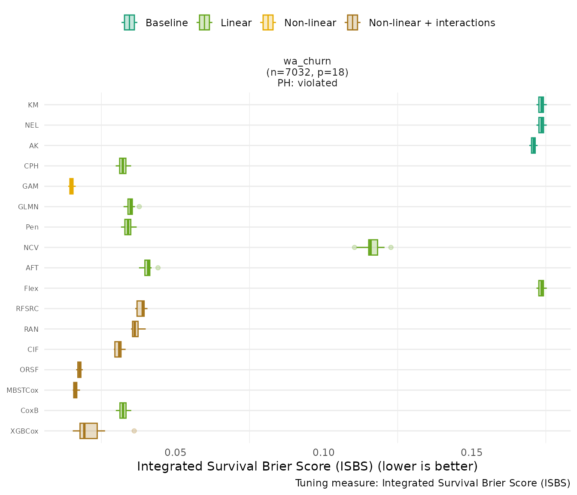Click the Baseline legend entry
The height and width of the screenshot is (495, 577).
[x=155, y=23]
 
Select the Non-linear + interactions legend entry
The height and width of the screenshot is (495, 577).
[x=421, y=23]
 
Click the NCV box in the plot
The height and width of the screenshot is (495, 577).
[x=373, y=247]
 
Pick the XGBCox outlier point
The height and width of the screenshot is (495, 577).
[x=134, y=431]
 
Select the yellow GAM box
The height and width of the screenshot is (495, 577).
[x=71, y=186]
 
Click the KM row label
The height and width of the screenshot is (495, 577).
[x=33, y=105]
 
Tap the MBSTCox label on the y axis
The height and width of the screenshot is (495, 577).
[x=22, y=390]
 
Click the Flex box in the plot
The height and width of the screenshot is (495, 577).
[x=541, y=288]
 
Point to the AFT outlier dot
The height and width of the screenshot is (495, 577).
[x=158, y=268]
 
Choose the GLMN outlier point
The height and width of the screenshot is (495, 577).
[x=139, y=207]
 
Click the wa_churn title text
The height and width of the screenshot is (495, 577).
[x=307, y=61]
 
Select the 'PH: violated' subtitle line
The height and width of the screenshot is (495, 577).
[x=307, y=83]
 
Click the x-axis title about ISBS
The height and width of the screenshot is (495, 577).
[x=307, y=467]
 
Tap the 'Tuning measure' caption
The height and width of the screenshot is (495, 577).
[x=432, y=483]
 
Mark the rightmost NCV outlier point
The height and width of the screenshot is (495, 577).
[x=391, y=247]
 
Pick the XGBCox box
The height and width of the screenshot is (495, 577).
[x=88, y=431]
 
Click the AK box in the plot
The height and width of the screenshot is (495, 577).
[x=533, y=146]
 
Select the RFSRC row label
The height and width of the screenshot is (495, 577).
[x=27, y=309]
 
